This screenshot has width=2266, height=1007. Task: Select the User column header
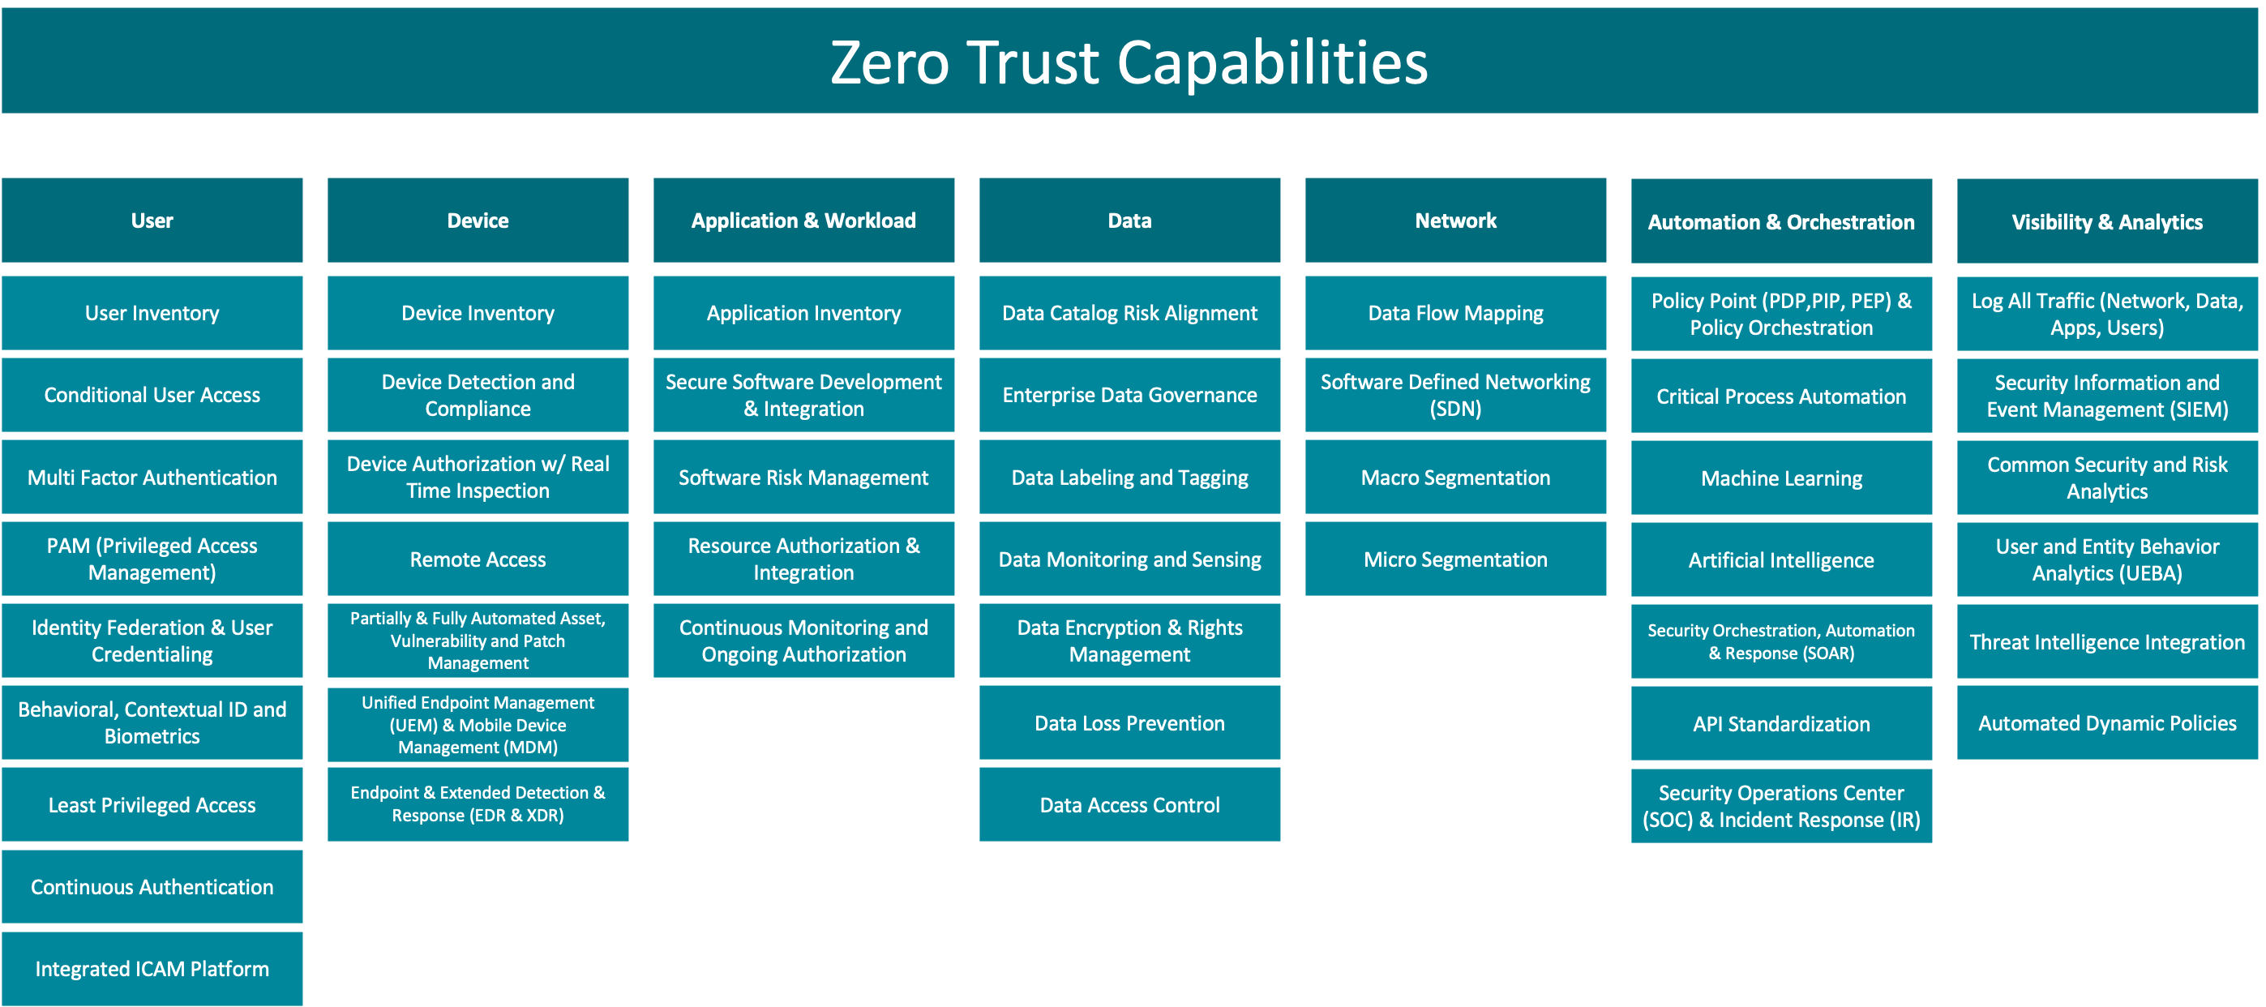152,220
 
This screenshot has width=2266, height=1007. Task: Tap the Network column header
1455,220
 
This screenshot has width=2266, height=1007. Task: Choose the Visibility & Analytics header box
2107,221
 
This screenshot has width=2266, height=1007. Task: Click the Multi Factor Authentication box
152,478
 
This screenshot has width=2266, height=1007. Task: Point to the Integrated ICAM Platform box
152,968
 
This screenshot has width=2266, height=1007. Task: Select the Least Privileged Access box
152,805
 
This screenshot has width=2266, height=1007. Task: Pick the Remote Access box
478,559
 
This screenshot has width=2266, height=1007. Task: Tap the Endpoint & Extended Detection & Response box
478,803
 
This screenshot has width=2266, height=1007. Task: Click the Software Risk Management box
803,478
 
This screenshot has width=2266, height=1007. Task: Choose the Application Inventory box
803,313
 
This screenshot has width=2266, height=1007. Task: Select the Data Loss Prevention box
1129,723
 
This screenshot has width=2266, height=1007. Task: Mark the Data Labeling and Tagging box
1129,478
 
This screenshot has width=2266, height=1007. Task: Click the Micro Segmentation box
1455,559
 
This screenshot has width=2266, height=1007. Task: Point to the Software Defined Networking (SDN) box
1455,395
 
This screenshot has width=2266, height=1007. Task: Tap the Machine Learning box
1781,478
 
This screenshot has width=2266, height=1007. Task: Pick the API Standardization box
1781,724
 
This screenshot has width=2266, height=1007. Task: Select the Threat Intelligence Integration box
2107,642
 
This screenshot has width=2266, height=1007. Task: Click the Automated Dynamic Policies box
2107,723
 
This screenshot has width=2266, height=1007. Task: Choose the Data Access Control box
1129,805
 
